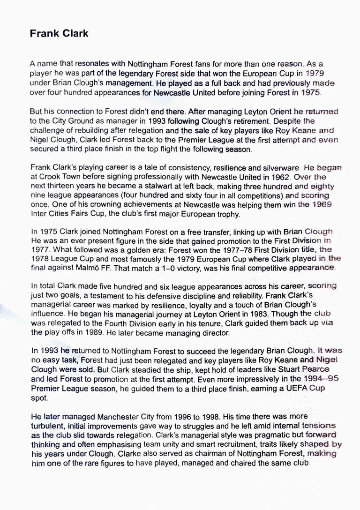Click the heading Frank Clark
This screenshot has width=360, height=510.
(x=59, y=34)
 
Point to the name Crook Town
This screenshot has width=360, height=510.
(x=57, y=177)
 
